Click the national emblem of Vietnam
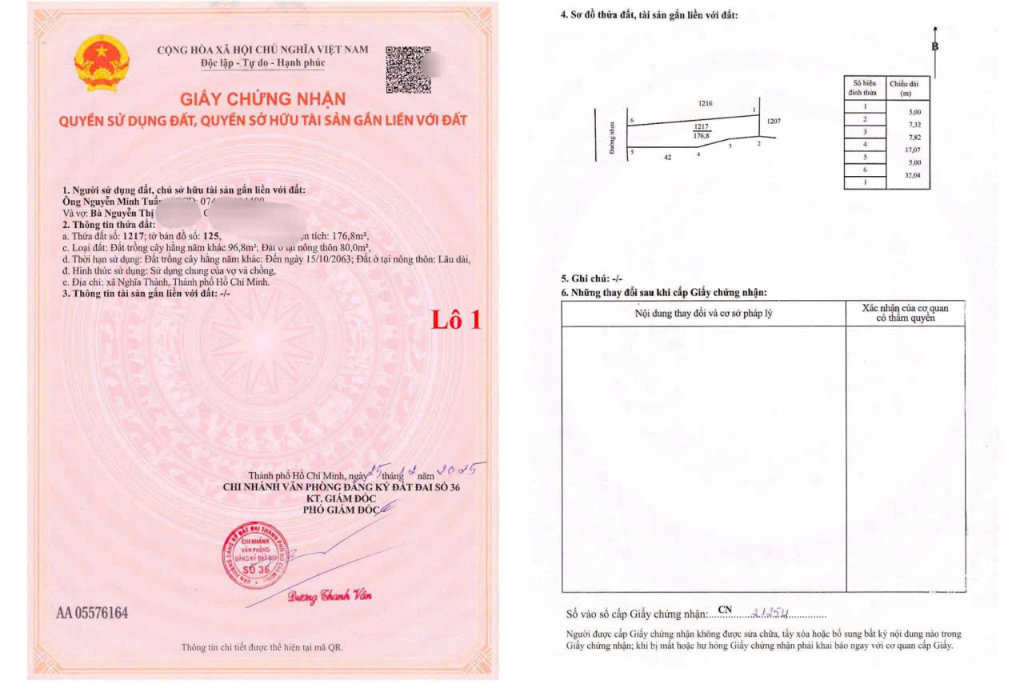click(102, 62)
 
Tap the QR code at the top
click(408, 69)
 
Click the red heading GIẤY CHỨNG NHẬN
click(262, 99)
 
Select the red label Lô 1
click(457, 320)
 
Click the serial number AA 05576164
click(92, 614)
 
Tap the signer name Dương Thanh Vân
click(330, 597)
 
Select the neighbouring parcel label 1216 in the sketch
click(705, 103)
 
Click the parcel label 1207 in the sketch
click(773, 122)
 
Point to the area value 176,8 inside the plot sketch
click(702, 136)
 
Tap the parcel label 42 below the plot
click(667, 158)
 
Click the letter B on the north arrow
click(934, 46)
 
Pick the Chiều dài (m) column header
click(907, 88)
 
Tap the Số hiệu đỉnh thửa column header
click(865, 88)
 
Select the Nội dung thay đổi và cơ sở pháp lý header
click(703, 313)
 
